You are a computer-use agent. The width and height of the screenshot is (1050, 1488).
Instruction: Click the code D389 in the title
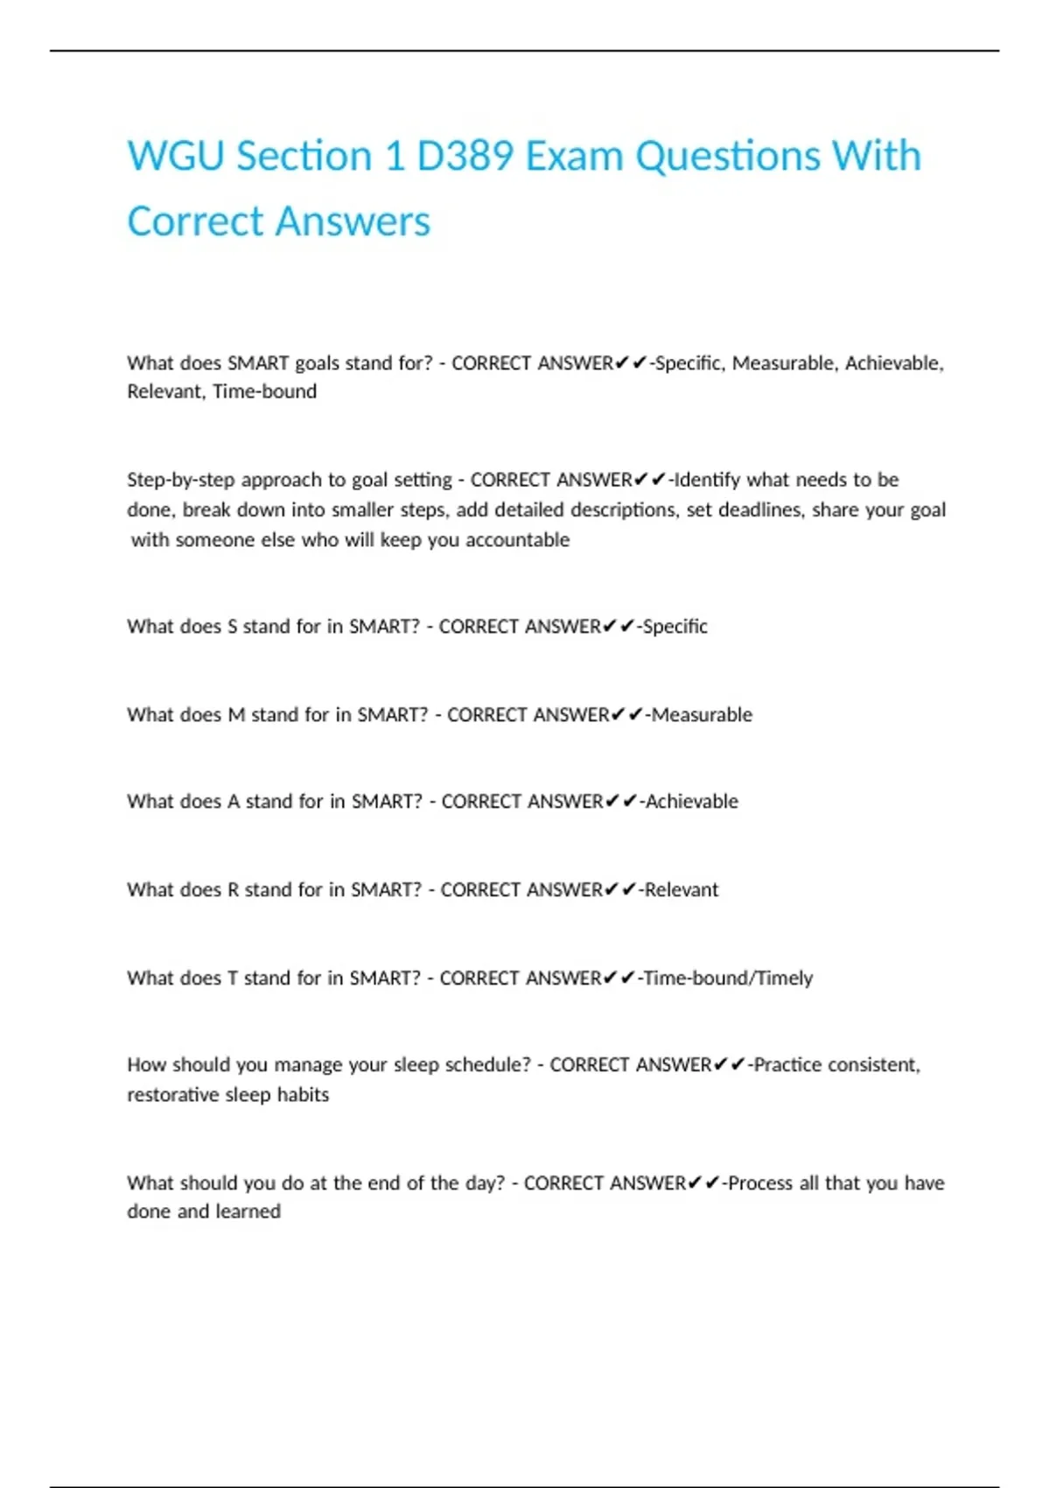tap(464, 156)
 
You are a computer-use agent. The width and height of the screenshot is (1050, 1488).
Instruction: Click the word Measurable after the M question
tap(702, 714)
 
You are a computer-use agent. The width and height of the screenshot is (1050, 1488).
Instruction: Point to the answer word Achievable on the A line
tap(691, 801)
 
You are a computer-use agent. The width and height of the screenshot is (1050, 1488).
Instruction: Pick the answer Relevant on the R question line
tap(681, 889)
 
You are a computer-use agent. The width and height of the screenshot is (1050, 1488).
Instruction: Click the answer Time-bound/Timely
tap(728, 978)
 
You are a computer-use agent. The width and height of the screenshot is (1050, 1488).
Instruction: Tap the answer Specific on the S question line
tap(675, 626)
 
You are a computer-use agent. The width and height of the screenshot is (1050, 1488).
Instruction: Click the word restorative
tap(170, 1094)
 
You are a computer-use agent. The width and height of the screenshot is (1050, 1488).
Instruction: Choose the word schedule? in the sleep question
tap(488, 1064)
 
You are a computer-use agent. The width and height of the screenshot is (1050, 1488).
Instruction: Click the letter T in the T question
tap(233, 978)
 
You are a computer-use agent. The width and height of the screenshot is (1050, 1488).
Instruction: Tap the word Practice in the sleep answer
tap(787, 1064)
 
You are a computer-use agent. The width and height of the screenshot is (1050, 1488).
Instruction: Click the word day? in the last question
tap(485, 1183)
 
